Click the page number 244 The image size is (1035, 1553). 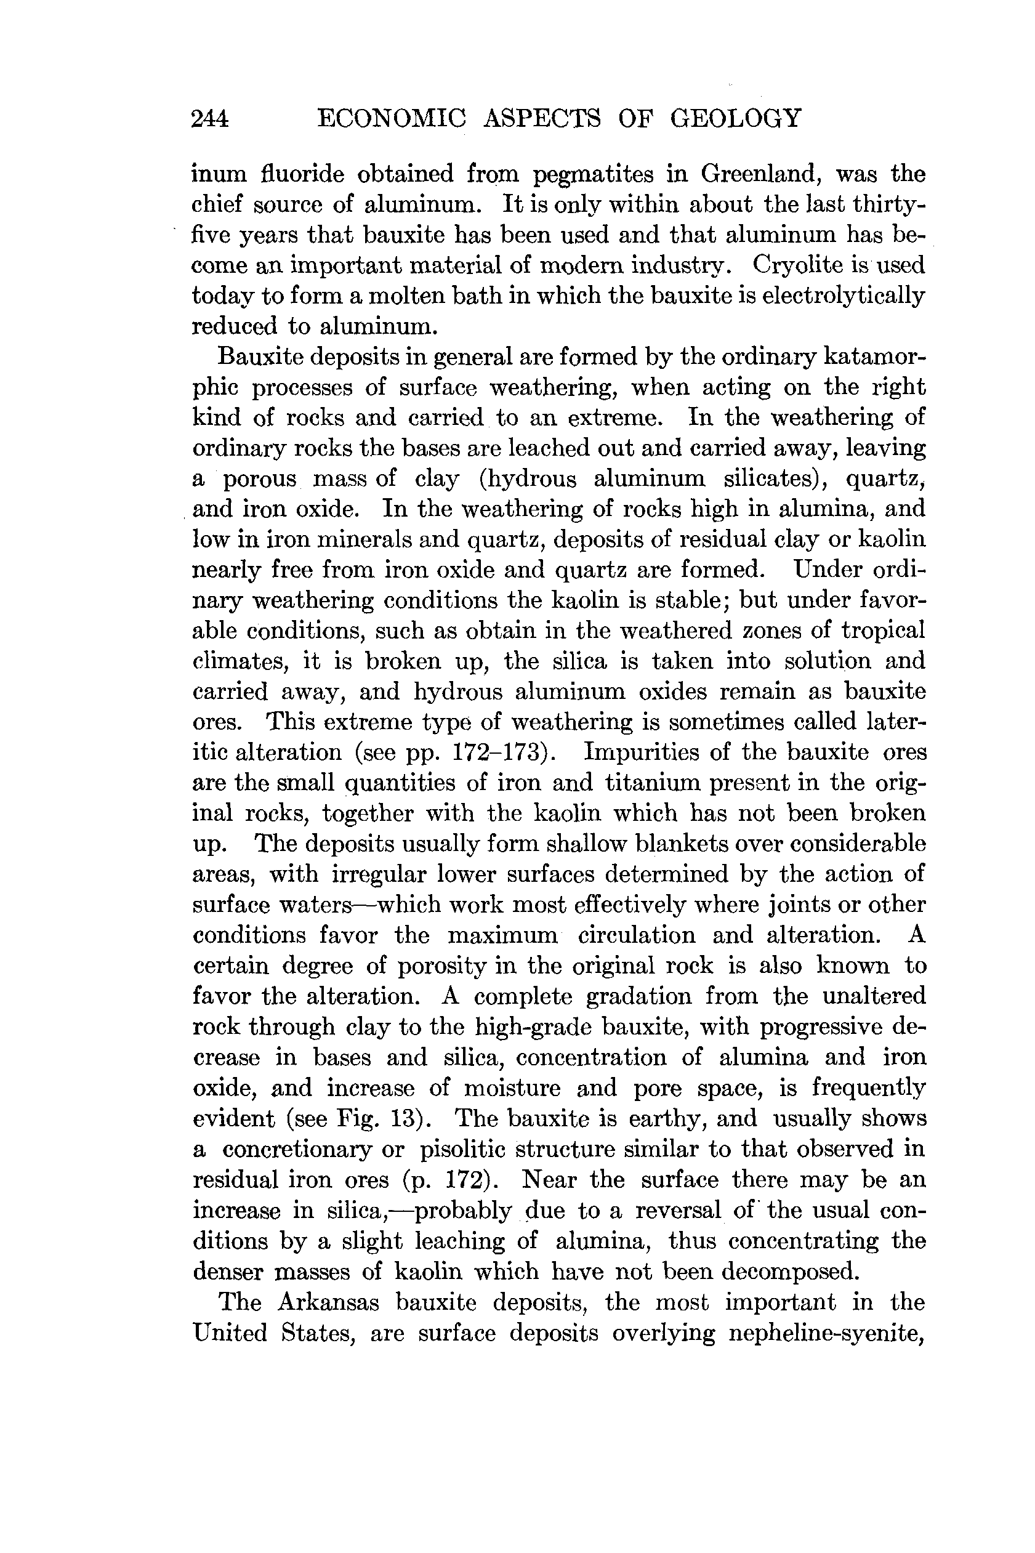click(x=210, y=119)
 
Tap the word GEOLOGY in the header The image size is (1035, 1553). click(x=735, y=118)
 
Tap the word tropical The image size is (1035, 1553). click(x=882, y=632)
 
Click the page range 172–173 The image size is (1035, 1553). click(x=496, y=753)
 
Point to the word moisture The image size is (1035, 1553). click(x=512, y=1088)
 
